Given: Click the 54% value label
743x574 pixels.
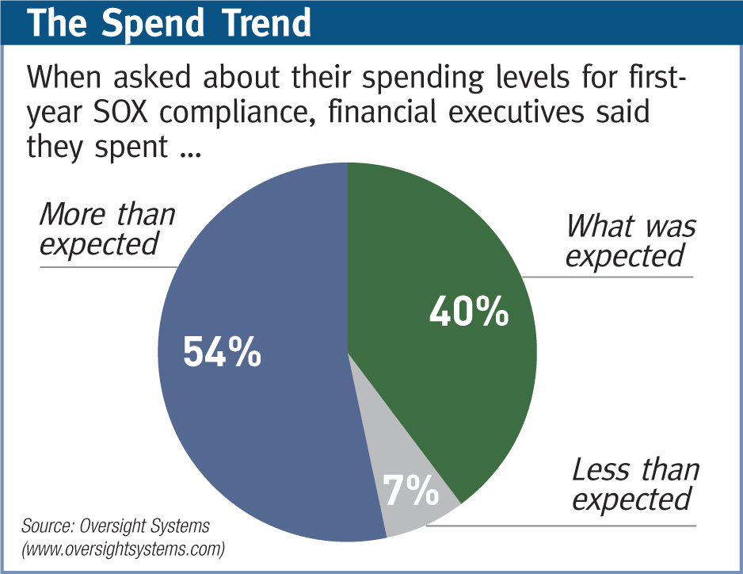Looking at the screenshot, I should tap(222, 353).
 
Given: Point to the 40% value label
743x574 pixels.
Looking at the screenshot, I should tap(468, 312).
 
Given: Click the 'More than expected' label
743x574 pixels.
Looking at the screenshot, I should tap(107, 228).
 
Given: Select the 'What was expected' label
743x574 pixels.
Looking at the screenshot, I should tap(630, 240).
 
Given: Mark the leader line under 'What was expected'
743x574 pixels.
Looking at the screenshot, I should tap(610, 277).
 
